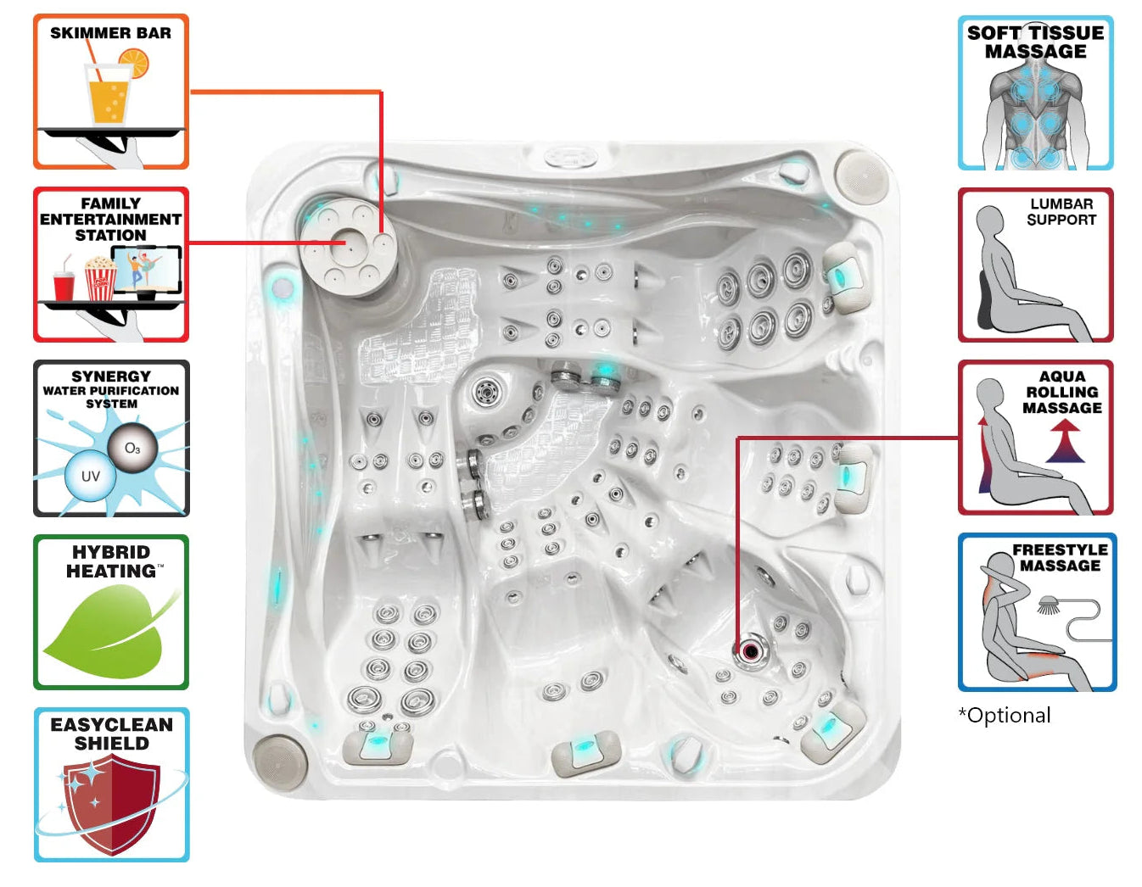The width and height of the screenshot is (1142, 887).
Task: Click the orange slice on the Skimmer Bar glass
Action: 134,62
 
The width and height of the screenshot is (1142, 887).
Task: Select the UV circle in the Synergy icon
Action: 90,476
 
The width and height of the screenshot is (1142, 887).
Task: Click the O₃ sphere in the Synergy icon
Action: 133,448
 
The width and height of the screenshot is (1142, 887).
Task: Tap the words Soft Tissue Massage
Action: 1035,42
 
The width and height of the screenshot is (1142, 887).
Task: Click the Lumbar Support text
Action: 1061,212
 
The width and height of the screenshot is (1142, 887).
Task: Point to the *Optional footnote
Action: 1005,716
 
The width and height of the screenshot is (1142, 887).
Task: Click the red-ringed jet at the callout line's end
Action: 751,651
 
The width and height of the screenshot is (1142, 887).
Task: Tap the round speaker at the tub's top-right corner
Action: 861,173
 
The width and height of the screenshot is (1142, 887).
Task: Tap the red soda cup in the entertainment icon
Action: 64,286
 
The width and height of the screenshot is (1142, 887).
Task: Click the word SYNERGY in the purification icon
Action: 111,376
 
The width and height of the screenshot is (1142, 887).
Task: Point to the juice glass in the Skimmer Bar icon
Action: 108,95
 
